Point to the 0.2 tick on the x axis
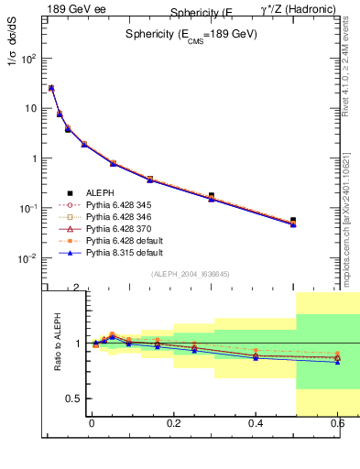[173, 424]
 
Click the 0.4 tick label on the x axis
[256, 424]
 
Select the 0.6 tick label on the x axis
[338, 424]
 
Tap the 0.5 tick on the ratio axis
[32, 398]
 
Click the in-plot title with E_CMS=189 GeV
[191, 33]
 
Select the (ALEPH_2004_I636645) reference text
[191, 274]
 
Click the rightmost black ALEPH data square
[293, 221]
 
